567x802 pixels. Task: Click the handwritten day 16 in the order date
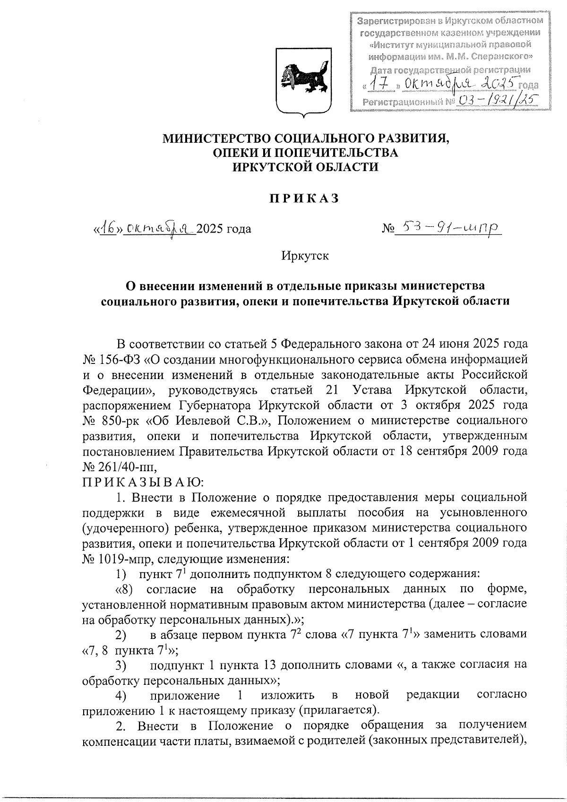(108, 229)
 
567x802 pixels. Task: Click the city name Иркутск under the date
(305, 256)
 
